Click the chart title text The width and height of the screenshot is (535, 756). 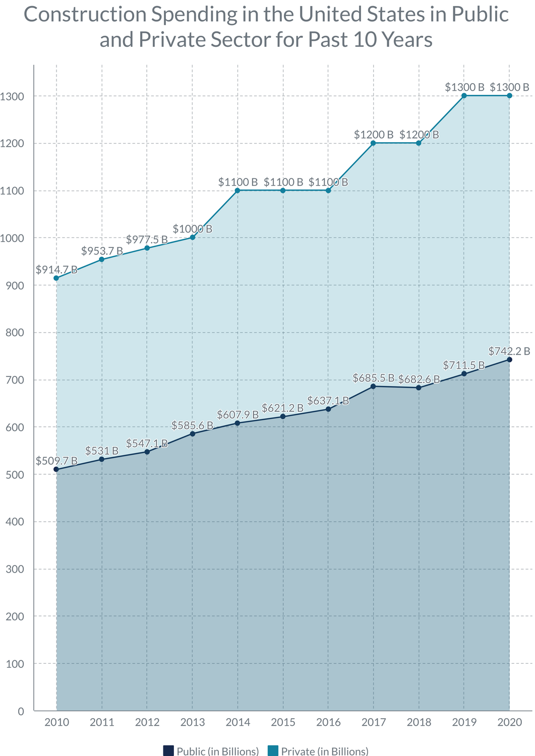coord(266,27)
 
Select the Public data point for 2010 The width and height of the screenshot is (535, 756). coord(56,469)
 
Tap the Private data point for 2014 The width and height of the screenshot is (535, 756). coord(237,191)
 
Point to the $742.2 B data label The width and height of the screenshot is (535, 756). coord(509,351)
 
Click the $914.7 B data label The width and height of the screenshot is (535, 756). coord(56,270)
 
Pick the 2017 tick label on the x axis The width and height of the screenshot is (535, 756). coord(374,722)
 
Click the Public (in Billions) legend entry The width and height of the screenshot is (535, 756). coord(211,751)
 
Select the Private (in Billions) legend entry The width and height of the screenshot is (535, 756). coord(318,751)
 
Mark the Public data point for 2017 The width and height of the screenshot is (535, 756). coord(374,386)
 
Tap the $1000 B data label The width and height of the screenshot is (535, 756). coord(193,229)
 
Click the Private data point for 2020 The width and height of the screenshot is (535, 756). coord(509,96)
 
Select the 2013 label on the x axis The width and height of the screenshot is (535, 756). coord(193,722)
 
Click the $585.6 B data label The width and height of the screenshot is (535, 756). coord(193,425)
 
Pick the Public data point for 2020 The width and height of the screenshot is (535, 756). coord(509,359)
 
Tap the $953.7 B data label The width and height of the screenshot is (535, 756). coord(102,251)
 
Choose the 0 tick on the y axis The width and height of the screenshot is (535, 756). coord(21,711)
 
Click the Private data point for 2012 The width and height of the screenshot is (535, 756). coord(147,248)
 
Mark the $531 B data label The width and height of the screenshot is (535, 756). coord(102,451)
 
